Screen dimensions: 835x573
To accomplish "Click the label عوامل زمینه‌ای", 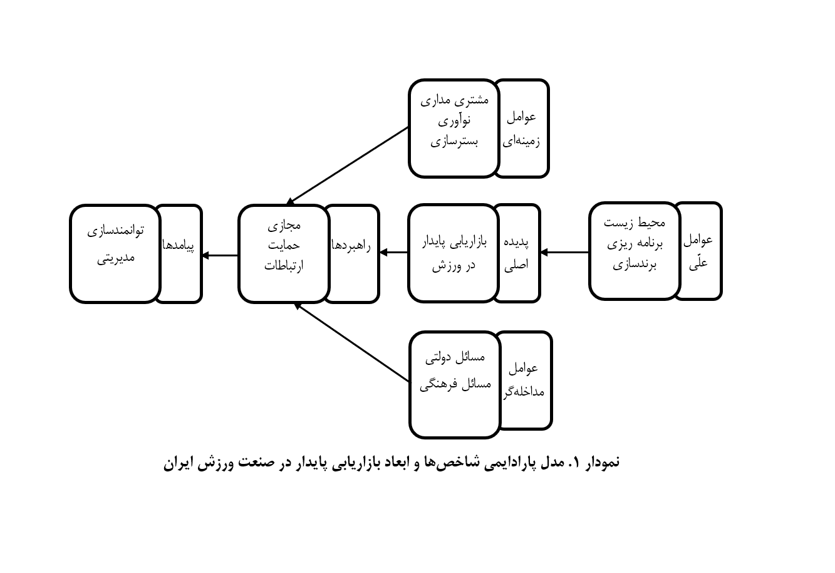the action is pyautogui.click(x=521, y=129).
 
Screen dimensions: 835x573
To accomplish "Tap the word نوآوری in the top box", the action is pyautogui.click(x=454, y=120).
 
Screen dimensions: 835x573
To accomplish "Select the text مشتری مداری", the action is pyautogui.click(x=454, y=100).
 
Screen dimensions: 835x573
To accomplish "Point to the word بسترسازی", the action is pyautogui.click(x=454, y=142).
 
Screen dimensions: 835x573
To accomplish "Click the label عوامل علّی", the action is pyautogui.click(x=698, y=251).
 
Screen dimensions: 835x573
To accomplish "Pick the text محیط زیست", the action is pyautogui.click(x=635, y=223).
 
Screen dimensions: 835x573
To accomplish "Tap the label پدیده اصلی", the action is pyautogui.click(x=516, y=253).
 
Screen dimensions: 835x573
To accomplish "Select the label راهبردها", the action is pyautogui.click(x=351, y=246).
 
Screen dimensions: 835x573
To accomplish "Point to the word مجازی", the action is pyautogui.click(x=284, y=225).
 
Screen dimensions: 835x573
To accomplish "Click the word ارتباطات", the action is pyautogui.click(x=284, y=266).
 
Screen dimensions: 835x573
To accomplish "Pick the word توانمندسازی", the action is pyautogui.click(x=115, y=231).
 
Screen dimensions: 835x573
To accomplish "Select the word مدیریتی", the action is pyautogui.click(x=115, y=258).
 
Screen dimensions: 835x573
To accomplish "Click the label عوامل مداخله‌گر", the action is pyautogui.click(x=524, y=380).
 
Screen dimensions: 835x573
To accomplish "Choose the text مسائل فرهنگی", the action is pyautogui.click(x=455, y=384).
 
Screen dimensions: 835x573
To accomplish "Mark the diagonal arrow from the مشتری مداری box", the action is pyautogui.click(x=348, y=166).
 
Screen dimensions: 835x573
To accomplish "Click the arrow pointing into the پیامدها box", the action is pyautogui.click(x=220, y=256).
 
